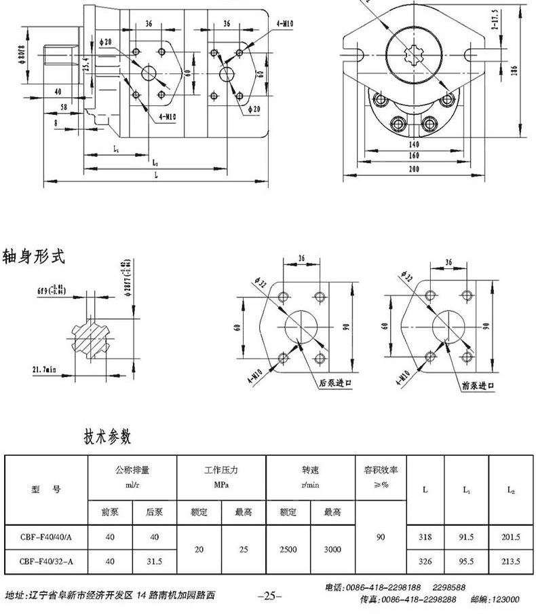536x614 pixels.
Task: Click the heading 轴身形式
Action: pos(34,257)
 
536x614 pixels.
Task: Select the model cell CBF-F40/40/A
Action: pos(45,537)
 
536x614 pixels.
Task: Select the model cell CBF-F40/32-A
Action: pos(45,562)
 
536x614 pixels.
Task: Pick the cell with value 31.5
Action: pos(154,562)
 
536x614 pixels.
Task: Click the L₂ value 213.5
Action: pos(510,562)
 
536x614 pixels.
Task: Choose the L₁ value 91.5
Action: pos(466,537)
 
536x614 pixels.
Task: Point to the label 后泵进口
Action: pos(336,383)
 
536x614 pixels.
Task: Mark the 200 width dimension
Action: pos(415,170)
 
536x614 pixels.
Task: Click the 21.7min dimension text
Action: pos(44,369)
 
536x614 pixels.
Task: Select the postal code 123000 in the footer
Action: pos(504,600)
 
